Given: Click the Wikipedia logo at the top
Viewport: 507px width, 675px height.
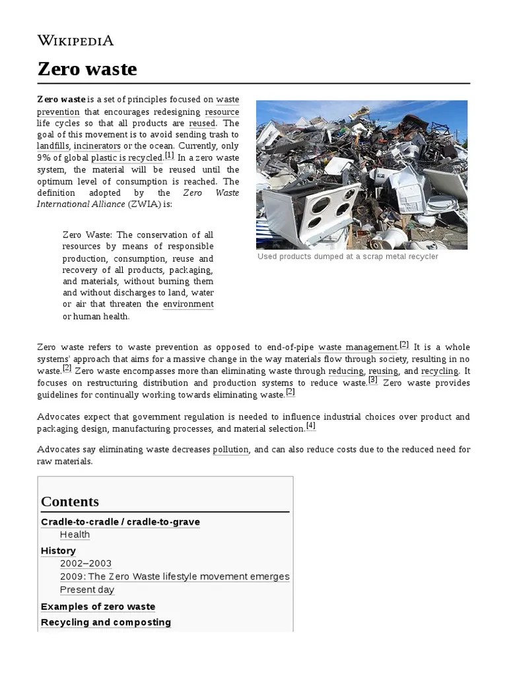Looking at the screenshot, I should (75, 40).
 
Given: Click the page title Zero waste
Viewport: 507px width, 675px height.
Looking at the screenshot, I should (86, 69).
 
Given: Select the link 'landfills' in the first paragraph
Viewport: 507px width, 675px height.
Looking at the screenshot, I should (53, 146).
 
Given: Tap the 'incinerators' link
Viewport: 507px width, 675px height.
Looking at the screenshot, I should (97, 146).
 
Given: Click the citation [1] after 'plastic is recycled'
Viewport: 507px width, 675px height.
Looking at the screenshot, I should (170, 156).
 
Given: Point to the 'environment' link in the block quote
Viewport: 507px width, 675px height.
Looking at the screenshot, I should (188, 304).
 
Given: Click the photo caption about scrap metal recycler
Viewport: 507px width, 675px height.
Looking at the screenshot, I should (347, 256).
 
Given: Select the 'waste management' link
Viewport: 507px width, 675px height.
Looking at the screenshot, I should (357, 347).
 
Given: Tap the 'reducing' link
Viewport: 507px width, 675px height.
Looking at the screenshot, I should (345, 371).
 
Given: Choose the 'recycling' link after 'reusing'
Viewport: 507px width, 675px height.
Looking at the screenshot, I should (440, 371).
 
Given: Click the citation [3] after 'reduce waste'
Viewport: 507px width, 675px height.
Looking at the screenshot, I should (373, 380).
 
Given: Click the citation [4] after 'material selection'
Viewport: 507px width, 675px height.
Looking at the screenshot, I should (311, 426).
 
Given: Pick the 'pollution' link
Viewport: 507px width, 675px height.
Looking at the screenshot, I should (230, 450).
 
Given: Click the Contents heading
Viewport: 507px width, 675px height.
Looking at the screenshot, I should (70, 501).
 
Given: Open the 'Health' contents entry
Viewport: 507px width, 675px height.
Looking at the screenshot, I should (75, 535).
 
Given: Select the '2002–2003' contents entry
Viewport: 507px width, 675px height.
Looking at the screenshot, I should (86, 564).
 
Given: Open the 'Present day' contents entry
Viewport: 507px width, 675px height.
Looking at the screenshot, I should (87, 590).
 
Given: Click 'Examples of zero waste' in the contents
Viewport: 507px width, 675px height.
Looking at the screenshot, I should (98, 606).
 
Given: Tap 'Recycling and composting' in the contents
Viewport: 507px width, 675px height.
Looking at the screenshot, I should (106, 622).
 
